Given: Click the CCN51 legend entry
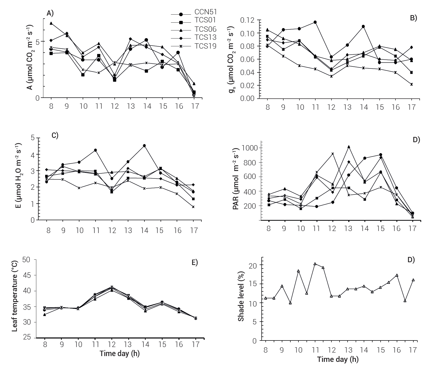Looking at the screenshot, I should tap(205, 12).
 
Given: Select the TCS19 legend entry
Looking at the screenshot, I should tap(205, 46).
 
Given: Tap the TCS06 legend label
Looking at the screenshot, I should tap(205, 29).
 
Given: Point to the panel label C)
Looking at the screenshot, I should tap(55, 135).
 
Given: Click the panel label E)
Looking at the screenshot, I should tap(195, 262).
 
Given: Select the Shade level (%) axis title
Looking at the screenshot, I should tap(241, 296).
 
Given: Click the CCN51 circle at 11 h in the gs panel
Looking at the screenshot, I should tap(315, 22).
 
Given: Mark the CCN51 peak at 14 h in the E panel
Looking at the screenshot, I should tap(144, 145).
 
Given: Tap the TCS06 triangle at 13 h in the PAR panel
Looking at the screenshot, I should tap(349, 147).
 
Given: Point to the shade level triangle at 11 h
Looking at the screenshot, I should tap(315, 264).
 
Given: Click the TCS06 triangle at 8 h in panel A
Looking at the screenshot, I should tap(51, 23).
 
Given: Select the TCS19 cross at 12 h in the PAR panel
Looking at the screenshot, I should tap(333, 154).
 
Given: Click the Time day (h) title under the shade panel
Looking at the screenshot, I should tap(338, 359).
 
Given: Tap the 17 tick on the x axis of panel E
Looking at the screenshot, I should tap(196, 344).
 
